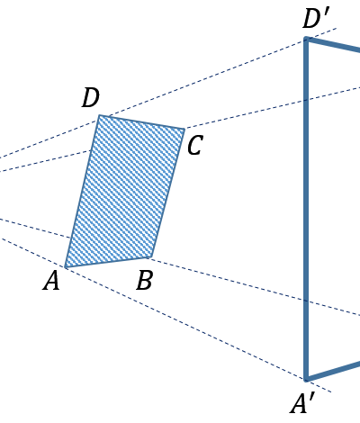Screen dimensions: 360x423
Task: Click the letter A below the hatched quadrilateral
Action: pos(51,281)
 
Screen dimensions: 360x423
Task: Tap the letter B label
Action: pos(144,280)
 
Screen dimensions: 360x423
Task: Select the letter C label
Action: pos(195,145)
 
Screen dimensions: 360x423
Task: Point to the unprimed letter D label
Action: pos(90,98)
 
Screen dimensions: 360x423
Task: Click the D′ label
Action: pos(316,19)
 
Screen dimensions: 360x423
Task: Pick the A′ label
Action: pos(302,404)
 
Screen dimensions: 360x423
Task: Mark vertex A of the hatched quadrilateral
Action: pos(66,266)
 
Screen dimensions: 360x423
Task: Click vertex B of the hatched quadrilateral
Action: pos(149,257)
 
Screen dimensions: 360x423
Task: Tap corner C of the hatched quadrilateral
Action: pos(184,129)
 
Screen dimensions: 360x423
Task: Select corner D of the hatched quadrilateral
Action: pos(99,115)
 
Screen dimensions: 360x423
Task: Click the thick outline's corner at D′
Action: pos(306,39)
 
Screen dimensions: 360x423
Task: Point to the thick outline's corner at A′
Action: pos(306,379)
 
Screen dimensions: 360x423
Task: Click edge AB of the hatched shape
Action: pos(107,262)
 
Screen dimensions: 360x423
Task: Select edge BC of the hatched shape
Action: pos(166,193)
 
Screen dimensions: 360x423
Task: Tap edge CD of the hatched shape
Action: pos(141,122)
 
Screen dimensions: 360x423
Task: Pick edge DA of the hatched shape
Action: pos(82,191)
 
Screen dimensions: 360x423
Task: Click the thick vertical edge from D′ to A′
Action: pos(306,209)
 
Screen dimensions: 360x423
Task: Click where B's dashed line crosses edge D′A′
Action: pos(306,301)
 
